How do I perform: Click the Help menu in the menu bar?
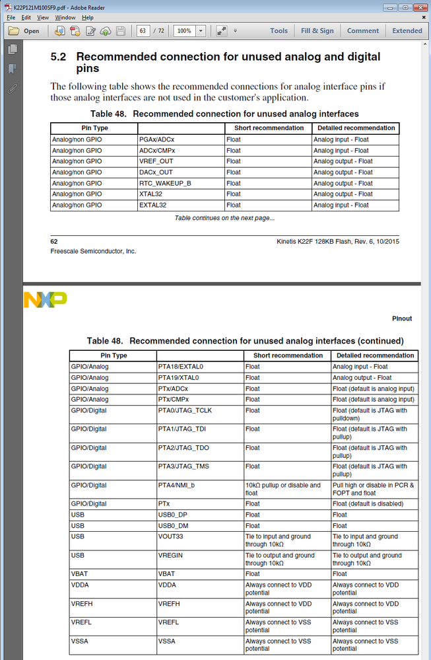(x=88, y=17)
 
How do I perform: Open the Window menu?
(x=65, y=17)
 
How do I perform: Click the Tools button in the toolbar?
(x=279, y=30)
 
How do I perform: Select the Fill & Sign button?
(x=317, y=30)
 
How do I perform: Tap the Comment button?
(x=363, y=30)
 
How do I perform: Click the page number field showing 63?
(x=143, y=31)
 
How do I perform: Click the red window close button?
(x=420, y=7)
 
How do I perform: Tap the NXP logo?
(x=45, y=299)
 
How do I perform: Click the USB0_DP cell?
(x=173, y=515)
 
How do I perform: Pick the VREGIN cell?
(x=171, y=556)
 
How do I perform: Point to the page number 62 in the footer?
(x=54, y=241)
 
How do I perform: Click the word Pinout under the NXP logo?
(x=401, y=318)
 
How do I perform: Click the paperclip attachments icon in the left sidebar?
(x=13, y=89)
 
